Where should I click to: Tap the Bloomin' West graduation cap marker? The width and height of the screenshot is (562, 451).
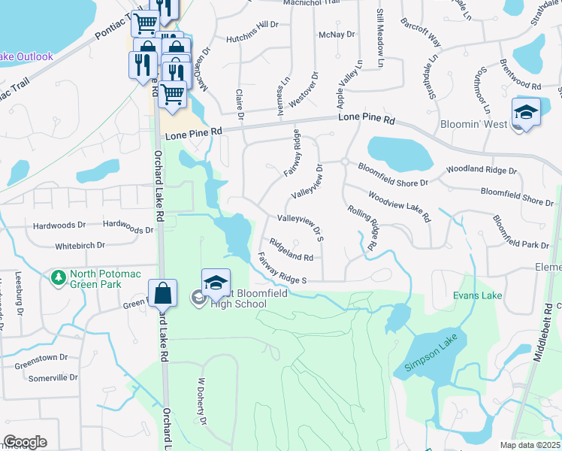click(x=526, y=114)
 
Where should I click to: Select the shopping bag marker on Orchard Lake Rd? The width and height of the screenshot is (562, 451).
click(x=162, y=295)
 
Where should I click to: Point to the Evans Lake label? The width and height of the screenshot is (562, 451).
click(x=477, y=296)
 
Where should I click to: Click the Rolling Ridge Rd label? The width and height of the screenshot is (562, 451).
click(x=361, y=228)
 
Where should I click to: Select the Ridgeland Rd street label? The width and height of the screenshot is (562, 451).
click(x=291, y=250)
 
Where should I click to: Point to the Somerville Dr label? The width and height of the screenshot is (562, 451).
click(x=53, y=378)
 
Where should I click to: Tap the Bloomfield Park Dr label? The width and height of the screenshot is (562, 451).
click(x=521, y=232)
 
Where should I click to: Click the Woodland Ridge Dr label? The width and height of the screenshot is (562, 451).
click(x=482, y=171)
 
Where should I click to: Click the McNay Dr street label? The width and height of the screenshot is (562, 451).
click(x=336, y=35)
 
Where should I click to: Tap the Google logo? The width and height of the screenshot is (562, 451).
click(x=25, y=441)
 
